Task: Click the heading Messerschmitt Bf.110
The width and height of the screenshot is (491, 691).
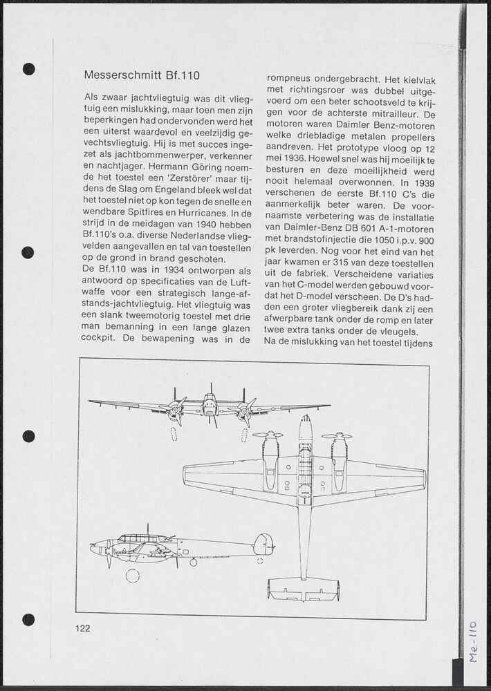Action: click(x=142, y=75)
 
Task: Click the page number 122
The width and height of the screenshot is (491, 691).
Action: click(x=83, y=628)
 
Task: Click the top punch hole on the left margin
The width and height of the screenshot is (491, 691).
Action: click(x=28, y=68)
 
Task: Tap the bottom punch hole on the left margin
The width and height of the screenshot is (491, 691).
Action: click(x=28, y=619)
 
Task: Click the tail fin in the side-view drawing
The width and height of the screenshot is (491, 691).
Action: click(x=263, y=545)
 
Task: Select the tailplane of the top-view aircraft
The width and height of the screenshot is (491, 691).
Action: click(x=304, y=587)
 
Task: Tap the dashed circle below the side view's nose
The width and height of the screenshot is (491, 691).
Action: click(x=133, y=576)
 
